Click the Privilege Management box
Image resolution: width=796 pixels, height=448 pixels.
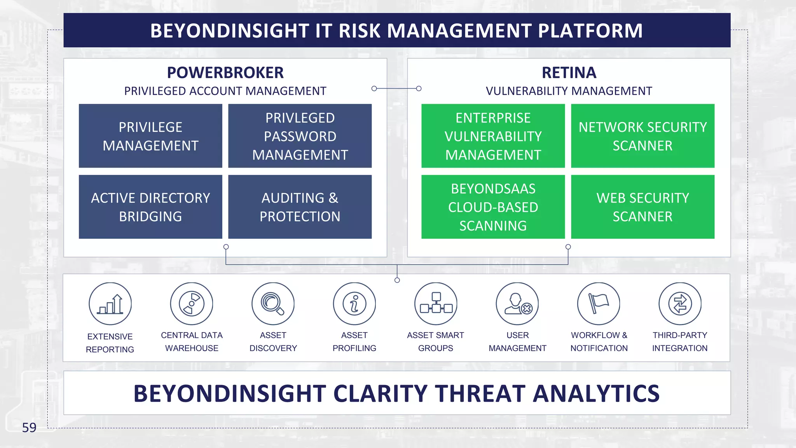tap(150, 136)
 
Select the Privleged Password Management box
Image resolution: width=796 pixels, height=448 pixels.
tap(300, 136)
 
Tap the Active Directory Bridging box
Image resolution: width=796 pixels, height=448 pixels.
tap(150, 206)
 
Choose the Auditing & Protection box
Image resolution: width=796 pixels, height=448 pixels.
tap(300, 206)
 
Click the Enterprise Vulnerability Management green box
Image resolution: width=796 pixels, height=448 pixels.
tap(493, 136)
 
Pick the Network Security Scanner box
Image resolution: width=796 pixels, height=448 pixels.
tap(642, 136)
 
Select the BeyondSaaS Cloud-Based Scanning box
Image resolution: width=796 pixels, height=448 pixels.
tap(493, 206)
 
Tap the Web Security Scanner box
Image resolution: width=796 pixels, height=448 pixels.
tap(642, 206)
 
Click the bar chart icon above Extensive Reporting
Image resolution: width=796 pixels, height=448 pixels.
tap(110, 304)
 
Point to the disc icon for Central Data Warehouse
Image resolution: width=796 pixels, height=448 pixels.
tap(192, 304)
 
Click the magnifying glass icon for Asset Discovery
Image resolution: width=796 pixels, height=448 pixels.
tap(273, 304)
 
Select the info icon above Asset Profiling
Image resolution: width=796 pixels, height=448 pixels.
tap(354, 304)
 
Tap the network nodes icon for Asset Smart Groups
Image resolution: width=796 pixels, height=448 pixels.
tap(436, 304)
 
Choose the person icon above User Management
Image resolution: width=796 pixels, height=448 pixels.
tap(517, 304)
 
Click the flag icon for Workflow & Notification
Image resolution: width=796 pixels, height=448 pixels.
tap(599, 304)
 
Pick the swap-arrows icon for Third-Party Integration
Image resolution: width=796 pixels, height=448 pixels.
tap(680, 304)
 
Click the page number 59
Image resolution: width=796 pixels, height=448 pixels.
tap(29, 427)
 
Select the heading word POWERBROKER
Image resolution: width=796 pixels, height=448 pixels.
tap(225, 73)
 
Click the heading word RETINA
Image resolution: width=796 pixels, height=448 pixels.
tap(569, 73)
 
